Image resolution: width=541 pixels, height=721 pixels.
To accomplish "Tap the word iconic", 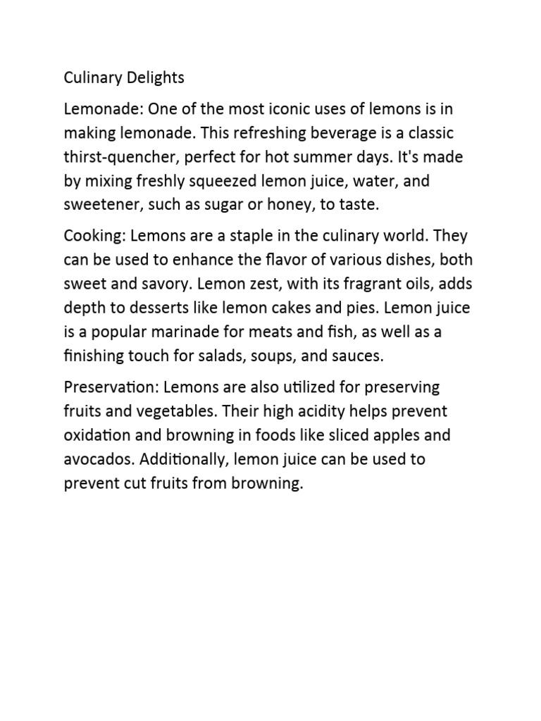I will [281, 109].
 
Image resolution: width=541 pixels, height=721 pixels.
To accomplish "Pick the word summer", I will [332, 157].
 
